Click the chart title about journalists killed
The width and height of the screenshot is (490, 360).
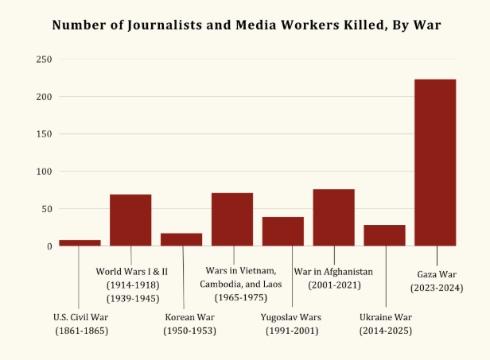pos(245,25)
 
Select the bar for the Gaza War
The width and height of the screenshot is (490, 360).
pos(435,162)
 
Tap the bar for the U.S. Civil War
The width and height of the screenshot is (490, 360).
pos(80,242)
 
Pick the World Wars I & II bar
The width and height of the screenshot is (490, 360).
pos(130,219)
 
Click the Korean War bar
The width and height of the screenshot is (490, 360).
pos(181,239)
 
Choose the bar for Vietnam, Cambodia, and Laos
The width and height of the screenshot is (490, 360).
pos(232,219)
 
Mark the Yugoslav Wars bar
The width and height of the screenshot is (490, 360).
pos(283,230)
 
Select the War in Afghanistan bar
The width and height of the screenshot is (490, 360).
pos(333,217)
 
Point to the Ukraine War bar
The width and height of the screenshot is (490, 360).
pos(384,235)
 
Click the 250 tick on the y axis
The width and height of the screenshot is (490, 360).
pos(44,60)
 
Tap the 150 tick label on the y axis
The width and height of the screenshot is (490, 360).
pos(44,134)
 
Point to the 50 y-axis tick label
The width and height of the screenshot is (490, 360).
pos(46,209)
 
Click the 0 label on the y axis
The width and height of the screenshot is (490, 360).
pos(49,246)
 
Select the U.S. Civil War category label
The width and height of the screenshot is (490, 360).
pos(81,317)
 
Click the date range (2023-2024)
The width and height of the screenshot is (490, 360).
pos(435,287)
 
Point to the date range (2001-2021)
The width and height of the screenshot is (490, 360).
pos(333,284)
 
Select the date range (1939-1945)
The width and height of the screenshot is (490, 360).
pos(132,298)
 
